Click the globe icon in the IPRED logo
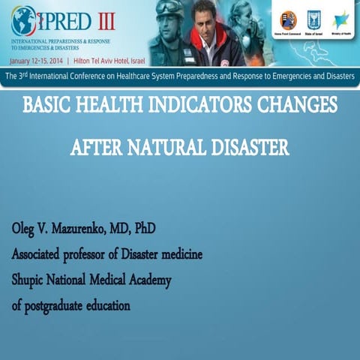tap(22, 19)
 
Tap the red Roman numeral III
tap(121, 17)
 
